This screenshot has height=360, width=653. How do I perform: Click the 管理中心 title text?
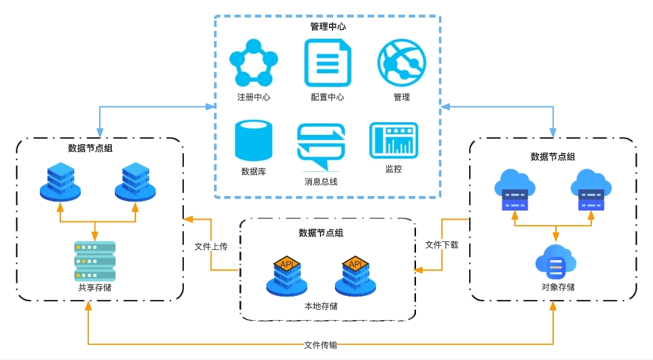pos(328,27)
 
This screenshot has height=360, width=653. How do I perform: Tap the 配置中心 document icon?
pos(328,62)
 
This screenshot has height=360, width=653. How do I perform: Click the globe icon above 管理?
pos(401,62)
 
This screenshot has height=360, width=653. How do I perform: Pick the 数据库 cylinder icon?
pos(253,141)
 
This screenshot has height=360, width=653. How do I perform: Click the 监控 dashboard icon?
pos(393,140)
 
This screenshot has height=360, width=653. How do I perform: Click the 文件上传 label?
pos(210,247)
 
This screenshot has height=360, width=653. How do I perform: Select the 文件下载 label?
pos(441,244)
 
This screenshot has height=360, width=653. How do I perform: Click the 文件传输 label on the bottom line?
pos(320,345)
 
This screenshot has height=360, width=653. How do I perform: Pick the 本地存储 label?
pos(320,306)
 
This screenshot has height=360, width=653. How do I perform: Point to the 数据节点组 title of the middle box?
pos(320,232)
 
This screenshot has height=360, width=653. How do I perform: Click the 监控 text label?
pos(393,169)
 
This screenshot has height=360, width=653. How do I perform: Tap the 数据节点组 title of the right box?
pos(553,157)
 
